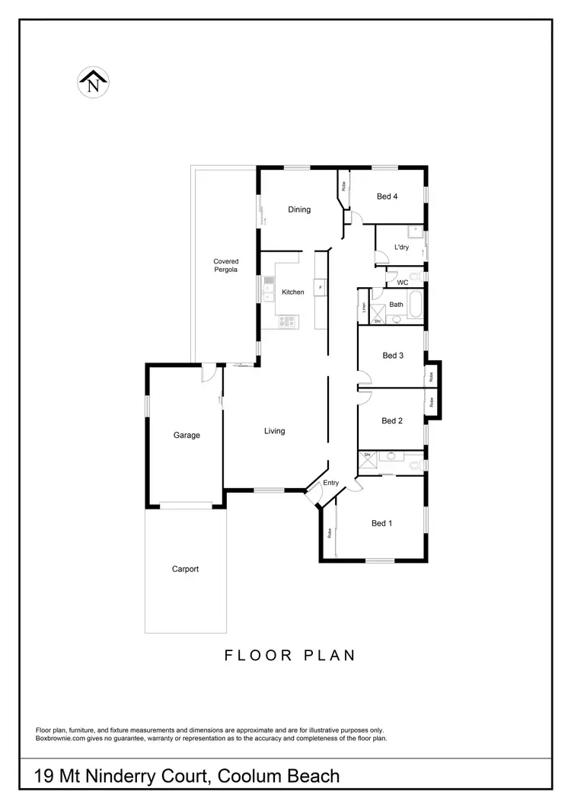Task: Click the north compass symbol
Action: tap(94, 81)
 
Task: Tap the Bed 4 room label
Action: tap(388, 196)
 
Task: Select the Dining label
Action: tap(299, 209)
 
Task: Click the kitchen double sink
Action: tap(269, 288)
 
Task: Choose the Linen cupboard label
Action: tap(365, 308)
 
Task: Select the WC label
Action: tap(403, 283)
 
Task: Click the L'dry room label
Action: tap(401, 247)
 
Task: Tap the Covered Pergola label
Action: tap(225, 266)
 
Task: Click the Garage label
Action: tap(187, 436)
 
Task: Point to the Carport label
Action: tap(186, 569)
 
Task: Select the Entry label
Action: tap(331, 483)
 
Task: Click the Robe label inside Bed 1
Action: tap(330, 533)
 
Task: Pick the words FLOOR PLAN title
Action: tap(290, 655)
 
